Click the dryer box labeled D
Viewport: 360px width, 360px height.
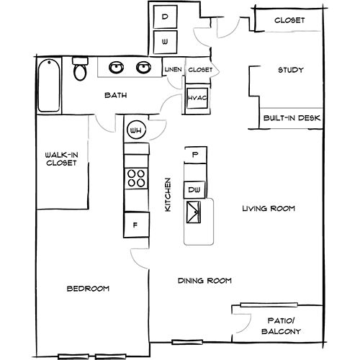tap(165, 16)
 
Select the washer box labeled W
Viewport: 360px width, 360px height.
tap(165, 42)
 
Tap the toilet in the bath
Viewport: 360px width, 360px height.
tap(80, 70)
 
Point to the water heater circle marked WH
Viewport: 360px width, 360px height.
tap(135, 130)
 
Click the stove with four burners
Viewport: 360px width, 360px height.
tap(135, 177)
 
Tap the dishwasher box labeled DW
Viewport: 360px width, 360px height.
tap(194, 189)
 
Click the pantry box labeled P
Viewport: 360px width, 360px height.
tap(194, 154)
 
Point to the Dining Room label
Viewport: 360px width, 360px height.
tap(203, 281)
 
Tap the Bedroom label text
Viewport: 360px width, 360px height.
tap(88, 289)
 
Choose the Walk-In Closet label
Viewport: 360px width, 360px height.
tap(61, 158)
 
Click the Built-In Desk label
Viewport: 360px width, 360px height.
tap(292, 117)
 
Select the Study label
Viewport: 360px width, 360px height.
tap(290, 71)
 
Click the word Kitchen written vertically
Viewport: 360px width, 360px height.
tap(168, 194)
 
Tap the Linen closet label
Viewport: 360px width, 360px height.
tap(173, 70)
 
